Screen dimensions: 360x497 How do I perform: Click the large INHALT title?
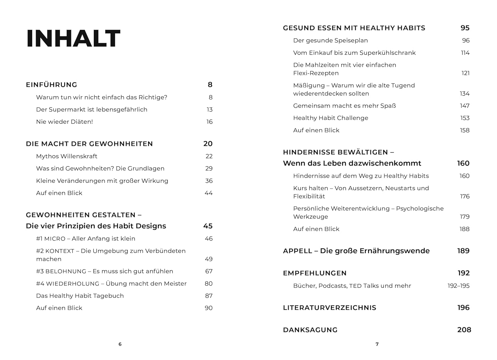(73, 38)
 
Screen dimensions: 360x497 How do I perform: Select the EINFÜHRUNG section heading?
(51, 85)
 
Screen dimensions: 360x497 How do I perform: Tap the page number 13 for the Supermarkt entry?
(209, 110)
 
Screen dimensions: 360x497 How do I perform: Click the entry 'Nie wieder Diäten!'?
(64, 122)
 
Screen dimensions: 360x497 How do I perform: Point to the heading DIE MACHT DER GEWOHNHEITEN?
(89, 144)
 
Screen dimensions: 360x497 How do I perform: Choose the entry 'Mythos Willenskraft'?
(67, 156)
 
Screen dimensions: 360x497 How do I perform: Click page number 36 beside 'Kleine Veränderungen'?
(209, 181)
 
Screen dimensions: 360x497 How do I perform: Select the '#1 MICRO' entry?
(85, 239)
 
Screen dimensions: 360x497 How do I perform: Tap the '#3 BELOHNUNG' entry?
(104, 271)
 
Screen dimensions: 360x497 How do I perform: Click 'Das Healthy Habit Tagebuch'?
(80, 296)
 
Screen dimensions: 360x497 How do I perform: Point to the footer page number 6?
(120, 344)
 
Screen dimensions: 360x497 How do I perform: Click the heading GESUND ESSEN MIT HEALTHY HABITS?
(354, 28)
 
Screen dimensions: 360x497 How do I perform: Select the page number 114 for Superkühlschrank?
(465, 53)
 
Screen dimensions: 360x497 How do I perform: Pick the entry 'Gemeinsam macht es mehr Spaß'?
(344, 106)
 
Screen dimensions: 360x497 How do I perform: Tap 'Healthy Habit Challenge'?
(330, 118)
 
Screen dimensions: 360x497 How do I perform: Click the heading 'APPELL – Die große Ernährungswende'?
(356, 251)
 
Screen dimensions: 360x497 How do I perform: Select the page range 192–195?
(458, 286)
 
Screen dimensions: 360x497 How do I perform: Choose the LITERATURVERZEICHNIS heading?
(329, 308)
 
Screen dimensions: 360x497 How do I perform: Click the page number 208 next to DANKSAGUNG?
(464, 330)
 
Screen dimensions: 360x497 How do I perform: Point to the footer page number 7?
(377, 344)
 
